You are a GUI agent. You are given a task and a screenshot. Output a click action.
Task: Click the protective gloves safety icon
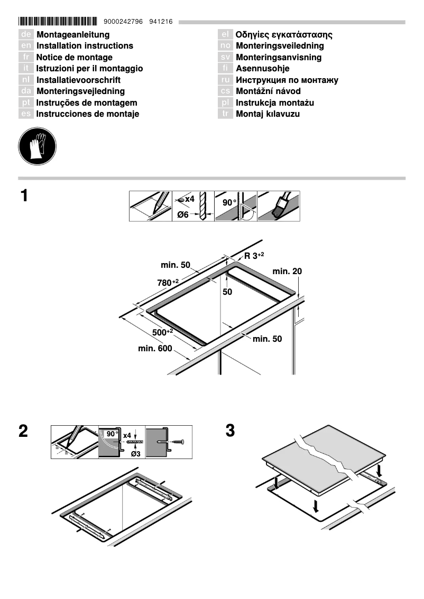click(37, 145)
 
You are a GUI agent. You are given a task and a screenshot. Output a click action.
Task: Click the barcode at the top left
click(58, 22)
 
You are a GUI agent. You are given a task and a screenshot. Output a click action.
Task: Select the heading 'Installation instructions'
click(85, 46)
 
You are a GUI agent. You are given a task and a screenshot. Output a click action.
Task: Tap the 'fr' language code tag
click(26, 58)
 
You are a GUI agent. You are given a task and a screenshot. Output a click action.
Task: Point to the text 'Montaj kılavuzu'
click(268, 114)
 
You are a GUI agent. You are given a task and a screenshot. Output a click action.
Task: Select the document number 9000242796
click(124, 22)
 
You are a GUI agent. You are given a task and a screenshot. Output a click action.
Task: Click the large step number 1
click(24, 196)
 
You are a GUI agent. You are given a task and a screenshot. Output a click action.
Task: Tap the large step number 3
click(230, 430)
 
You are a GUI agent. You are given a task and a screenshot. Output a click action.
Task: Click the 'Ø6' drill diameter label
click(183, 214)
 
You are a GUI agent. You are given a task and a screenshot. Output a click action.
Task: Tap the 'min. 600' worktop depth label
click(155, 349)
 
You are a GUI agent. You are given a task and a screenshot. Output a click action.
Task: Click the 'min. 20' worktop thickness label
click(287, 271)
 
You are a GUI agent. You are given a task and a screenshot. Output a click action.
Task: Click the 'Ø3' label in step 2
click(135, 454)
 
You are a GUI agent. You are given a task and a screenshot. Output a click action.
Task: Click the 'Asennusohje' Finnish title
click(262, 69)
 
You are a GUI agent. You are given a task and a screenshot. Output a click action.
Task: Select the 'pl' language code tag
click(225, 103)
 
